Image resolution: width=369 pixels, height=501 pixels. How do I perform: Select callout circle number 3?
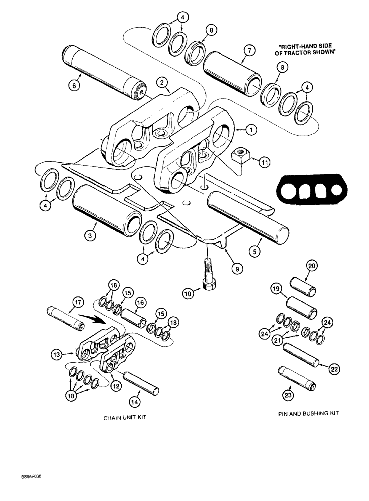tap(89, 235)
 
